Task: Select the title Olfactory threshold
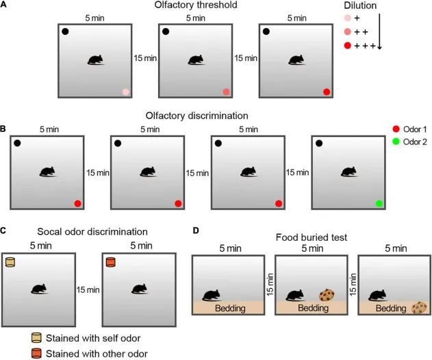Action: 197,6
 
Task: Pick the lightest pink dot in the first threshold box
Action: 125,91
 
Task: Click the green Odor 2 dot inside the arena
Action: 378,203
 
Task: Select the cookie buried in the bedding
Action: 418,309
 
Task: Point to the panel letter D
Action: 196,231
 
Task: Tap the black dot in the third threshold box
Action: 266,31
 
